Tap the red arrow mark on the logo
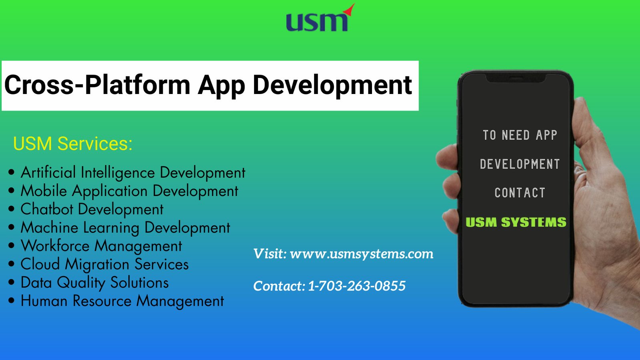point(350,9)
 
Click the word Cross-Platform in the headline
point(97,85)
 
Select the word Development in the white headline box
point(332,86)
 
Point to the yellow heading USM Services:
point(73,144)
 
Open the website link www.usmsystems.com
point(362,254)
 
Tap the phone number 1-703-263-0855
point(357,286)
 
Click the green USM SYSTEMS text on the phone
point(516,222)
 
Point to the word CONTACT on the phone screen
point(520,193)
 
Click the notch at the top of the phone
point(516,78)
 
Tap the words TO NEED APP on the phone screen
point(520,135)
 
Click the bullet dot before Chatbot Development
point(12,209)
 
